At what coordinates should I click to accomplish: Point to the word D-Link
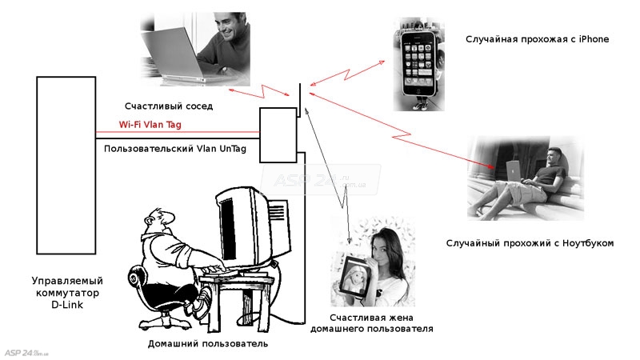click(67, 305)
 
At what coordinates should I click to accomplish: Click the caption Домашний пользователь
click(207, 344)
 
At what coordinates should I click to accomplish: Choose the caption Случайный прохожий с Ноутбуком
click(527, 243)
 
